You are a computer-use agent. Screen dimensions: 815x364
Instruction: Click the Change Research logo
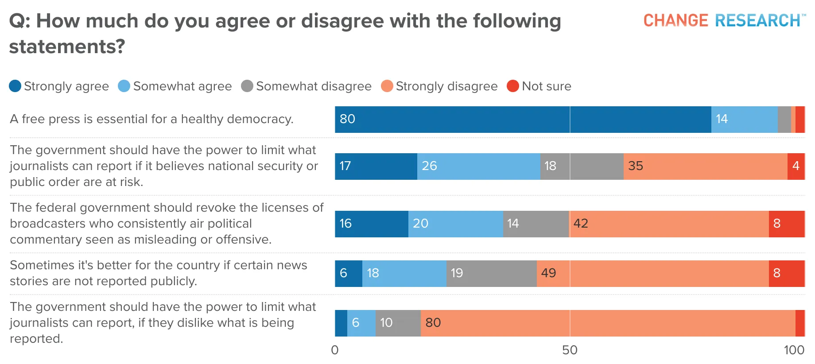pyautogui.click(x=725, y=20)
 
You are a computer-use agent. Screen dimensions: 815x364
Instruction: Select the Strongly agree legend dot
pyautogui.click(x=15, y=86)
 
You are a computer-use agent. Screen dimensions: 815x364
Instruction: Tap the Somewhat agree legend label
pyautogui.click(x=182, y=86)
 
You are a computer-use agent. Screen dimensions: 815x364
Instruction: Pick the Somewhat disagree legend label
pyautogui.click(x=314, y=86)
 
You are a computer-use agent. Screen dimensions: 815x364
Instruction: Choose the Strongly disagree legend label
pyautogui.click(x=446, y=86)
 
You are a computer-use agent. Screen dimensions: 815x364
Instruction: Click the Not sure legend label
pyautogui.click(x=547, y=86)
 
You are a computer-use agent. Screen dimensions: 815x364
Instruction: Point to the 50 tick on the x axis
pyautogui.click(x=570, y=350)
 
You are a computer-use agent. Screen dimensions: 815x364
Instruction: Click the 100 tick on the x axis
pyautogui.click(x=794, y=350)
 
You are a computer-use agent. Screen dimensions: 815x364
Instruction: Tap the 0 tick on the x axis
pyautogui.click(x=335, y=350)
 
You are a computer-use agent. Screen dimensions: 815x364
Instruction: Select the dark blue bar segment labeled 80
pyautogui.click(x=523, y=120)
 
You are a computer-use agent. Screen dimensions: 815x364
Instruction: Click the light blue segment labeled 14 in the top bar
pyautogui.click(x=745, y=120)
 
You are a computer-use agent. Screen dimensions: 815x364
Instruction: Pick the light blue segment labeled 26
pyautogui.click(x=479, y=167)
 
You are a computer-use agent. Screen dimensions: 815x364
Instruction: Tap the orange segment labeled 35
pyautogui.click(x=706, y=167)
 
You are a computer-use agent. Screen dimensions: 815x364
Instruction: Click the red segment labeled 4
pyautogui.click(x=796, y=167)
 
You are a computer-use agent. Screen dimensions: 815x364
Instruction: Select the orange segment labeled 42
pyautogui.click(x=669, y=224)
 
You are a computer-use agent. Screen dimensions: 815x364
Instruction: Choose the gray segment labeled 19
pyautogui.click(x=492, y=274)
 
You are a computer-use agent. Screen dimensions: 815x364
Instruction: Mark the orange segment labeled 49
pyautogui.click(x=653, y=274)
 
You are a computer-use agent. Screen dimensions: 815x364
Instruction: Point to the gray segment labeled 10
pyautogui.click(x=398, y=323)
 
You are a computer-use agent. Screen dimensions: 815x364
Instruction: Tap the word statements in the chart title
pyautogui.click(x=67, y=46)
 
